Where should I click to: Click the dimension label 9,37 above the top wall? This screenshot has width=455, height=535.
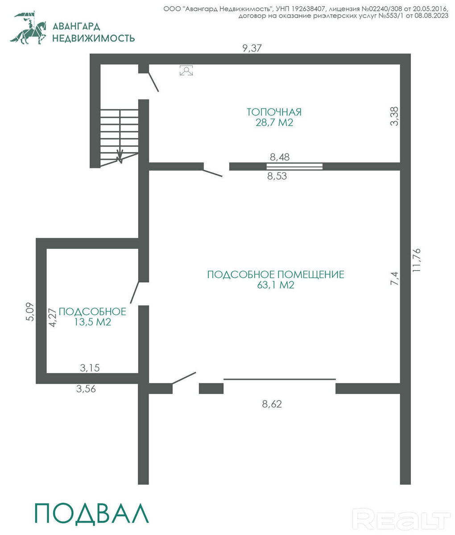(x=252, y=48)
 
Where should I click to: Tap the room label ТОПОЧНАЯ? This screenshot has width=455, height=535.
(x=274, y=112)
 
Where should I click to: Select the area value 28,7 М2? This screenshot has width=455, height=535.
(x=274, y=123)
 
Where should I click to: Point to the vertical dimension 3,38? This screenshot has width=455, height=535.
(x=394, y=116)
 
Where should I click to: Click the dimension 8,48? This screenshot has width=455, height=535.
(x=280, y=157)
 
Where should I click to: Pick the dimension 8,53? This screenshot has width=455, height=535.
(x=277, y=176)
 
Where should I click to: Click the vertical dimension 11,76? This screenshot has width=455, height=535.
(x=417, y=260)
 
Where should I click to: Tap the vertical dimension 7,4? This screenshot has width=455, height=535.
(x=394, y=278)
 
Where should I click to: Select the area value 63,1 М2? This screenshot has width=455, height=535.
(x=276, y=285)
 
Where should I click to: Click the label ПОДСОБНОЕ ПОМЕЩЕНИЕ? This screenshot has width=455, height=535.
(x=276, y=274)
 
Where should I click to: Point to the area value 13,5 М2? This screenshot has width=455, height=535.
(x=93, y=322)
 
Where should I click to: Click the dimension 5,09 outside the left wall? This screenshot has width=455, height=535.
(x=30, y=312)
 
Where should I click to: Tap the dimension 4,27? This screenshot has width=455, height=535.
(x=52, y=317)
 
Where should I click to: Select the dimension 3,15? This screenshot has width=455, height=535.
(x=90, y=367)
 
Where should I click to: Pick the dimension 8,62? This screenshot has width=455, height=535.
(x=272, y=404)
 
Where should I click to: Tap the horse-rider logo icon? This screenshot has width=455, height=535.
(x=28, y=28)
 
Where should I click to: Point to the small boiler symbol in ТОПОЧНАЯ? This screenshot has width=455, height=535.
(x=186, y=70)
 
